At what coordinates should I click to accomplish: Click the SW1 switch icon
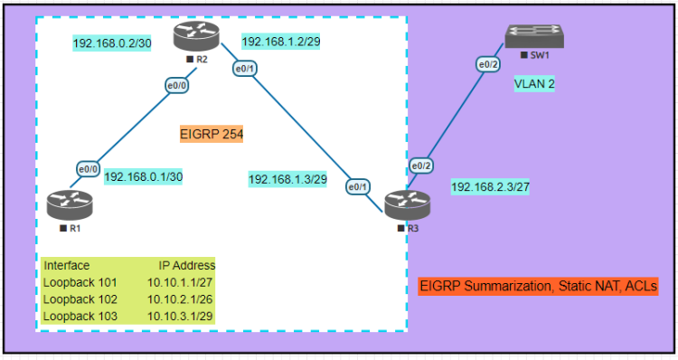(535, 36)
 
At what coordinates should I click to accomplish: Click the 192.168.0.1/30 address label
(144, 176)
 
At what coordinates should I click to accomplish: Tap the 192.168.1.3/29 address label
(287, 179)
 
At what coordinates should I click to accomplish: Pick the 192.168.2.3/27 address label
(490, 187)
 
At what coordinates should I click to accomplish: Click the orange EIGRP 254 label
(212, 134)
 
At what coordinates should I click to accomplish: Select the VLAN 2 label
(534, 83)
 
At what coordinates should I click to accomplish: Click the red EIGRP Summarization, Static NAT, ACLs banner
(538, 286)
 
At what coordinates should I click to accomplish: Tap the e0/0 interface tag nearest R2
(176, 86)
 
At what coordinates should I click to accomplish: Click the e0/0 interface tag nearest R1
(88, 168)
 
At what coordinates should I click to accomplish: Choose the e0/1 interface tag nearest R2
(243, 69)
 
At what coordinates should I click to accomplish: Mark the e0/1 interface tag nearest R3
(359, 186)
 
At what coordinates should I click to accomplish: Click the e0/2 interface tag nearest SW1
(489, 63)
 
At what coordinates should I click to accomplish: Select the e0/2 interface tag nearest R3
(420, 166)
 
